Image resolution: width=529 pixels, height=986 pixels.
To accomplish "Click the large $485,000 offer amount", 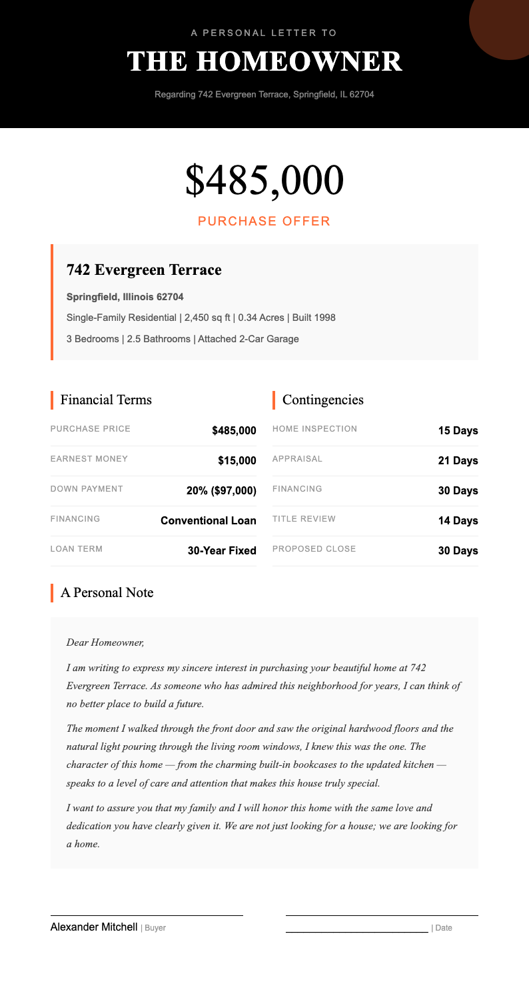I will pos(264,179).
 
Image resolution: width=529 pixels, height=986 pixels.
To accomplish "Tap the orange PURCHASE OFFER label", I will pos(264,221).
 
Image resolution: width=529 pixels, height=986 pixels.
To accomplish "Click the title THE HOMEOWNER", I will pos(264,61).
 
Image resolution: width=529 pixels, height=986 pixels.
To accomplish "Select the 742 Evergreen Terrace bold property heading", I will pos(144,270).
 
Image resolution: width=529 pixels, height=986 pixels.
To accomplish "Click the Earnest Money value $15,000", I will pos(237,460).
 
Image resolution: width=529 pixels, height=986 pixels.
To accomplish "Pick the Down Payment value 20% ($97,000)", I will pos(221,490).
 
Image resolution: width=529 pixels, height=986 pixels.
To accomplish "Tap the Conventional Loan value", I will pos(209,520).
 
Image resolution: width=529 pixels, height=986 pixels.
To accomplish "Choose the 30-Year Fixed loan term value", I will pos(222,550).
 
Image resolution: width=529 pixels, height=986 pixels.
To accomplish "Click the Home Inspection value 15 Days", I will pos(458,430).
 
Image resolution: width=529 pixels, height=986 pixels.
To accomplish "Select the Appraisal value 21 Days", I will pos(458,460).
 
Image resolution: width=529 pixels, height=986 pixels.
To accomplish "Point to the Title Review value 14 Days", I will pos(458,520).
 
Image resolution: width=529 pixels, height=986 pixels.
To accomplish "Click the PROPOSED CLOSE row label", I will pos(314,549).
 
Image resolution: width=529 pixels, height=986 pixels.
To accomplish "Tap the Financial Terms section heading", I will pos(106,400).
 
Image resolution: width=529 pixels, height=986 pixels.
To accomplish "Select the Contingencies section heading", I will pos(323,400).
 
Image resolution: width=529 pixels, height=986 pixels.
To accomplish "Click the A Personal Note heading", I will pos(107,592).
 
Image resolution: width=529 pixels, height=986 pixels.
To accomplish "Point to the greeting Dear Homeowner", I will pos(105,643).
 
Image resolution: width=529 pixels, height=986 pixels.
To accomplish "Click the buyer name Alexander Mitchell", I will pos(94,927).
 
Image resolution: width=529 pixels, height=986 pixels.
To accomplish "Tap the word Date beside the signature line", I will pos(443,928).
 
